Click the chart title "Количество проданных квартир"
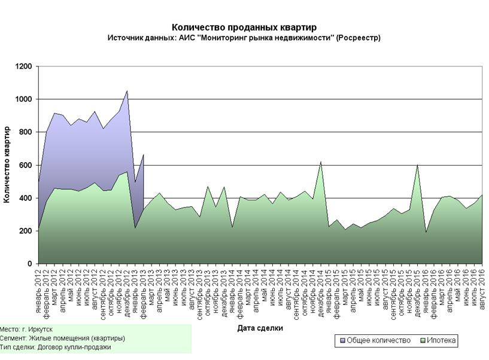click(244, 28)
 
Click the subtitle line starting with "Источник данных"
click(244, 38)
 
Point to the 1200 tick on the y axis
click(25, 66)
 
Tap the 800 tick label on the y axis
click(27, 132)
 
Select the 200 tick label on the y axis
click(27, 231)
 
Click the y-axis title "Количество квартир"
click(7, 164)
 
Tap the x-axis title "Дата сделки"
click(260, 328)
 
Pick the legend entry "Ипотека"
click(442, 341)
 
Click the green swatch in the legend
click(424, 341)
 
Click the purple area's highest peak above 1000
click(127, 91)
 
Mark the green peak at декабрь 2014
click(320, 162)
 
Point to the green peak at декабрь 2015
click(417, 166)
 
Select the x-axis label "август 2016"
click(482, 288)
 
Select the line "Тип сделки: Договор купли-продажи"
click(56, 347)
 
